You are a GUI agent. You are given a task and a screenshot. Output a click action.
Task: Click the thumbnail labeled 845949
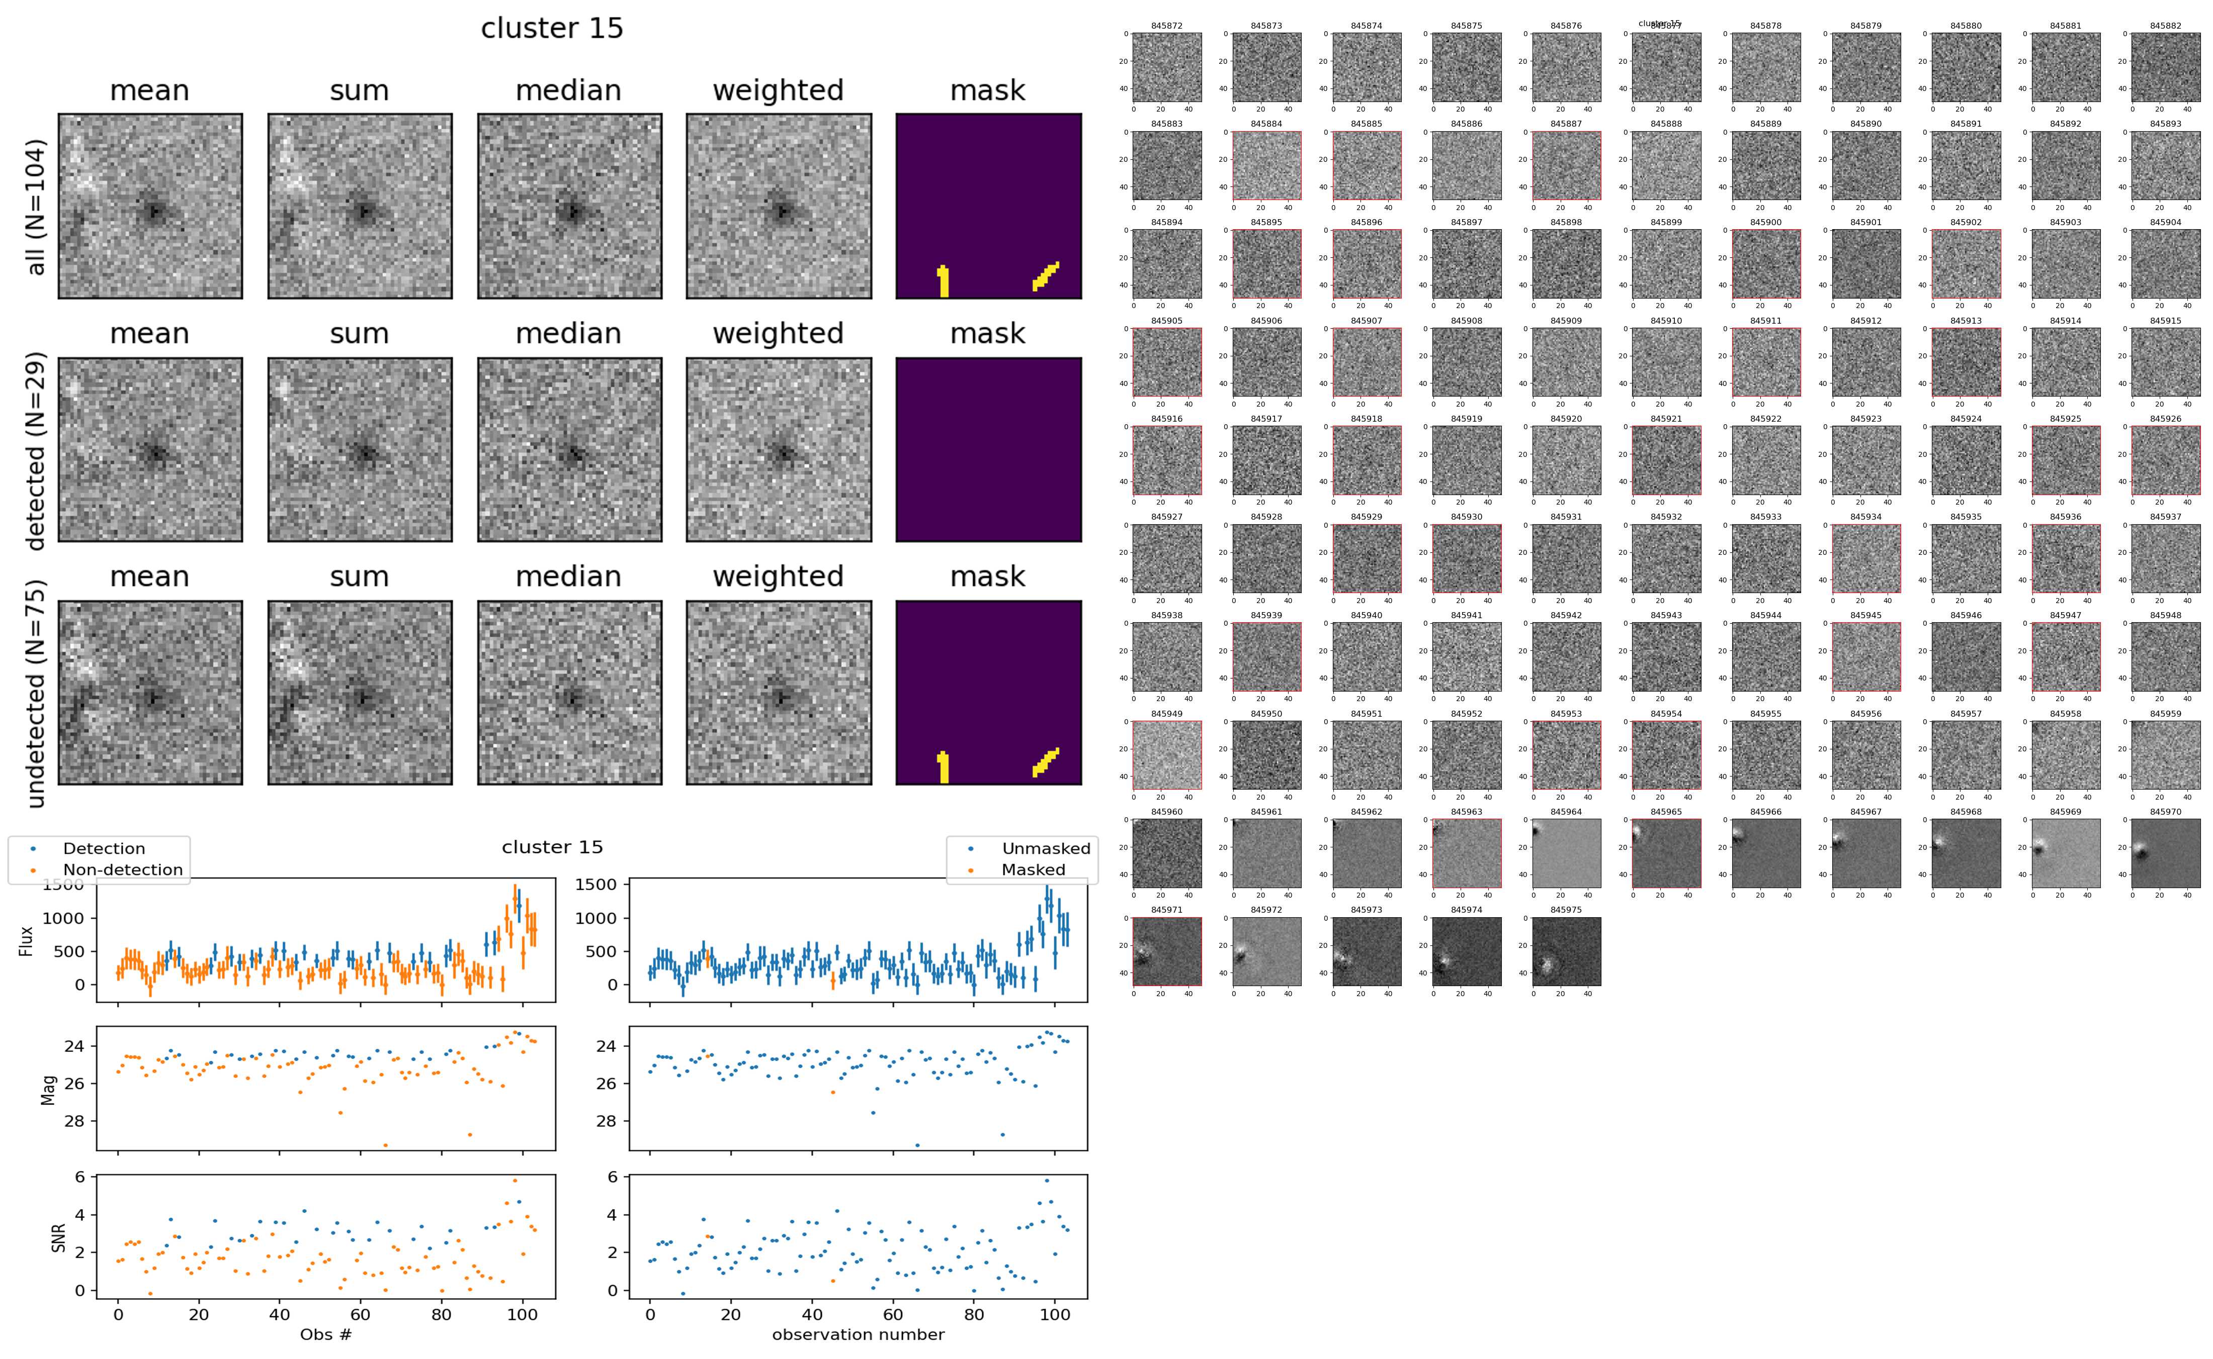point(1166,755)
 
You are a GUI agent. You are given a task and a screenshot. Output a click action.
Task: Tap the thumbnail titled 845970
point(2164,853)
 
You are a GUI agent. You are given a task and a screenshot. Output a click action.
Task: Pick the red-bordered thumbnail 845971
point(1166,951)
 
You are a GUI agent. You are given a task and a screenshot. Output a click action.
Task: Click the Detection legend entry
point(104,848)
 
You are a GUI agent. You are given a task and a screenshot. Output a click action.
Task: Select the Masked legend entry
point(1032,869)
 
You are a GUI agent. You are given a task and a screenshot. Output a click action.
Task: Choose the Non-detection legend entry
point(122,869)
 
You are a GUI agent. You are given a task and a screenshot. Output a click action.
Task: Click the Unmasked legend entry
point(1046,848)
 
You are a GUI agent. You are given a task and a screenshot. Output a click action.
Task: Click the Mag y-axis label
point(49,1089)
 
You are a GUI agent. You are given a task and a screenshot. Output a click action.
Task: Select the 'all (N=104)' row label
point(36,207)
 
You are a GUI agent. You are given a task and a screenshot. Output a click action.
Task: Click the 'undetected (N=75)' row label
point(36,693)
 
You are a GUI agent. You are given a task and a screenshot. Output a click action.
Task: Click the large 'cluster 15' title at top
point(551,29)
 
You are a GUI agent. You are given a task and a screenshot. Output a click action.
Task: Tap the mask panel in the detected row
point(987,449)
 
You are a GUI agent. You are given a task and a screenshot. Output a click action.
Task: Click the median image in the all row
point(569,206)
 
